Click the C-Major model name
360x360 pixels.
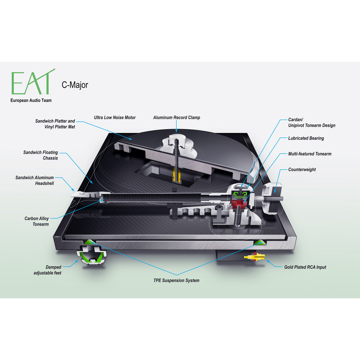(x=75, y=85)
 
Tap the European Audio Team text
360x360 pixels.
(x=31, y=100)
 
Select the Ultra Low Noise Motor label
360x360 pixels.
(x=115, y=118)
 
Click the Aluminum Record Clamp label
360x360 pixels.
(x=177, y=118)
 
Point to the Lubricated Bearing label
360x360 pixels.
(x=306, y=138)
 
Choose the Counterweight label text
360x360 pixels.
(x=302, y=169)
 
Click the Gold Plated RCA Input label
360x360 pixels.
(x=305, y=267)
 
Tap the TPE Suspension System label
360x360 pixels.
(x=176, y=280)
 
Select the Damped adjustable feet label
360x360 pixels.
(x=48, y=270)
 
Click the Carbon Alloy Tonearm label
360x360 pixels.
(x=37, y=221)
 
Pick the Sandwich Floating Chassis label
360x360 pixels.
(x=40, y=155)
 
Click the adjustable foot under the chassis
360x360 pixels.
(x=91, y=255)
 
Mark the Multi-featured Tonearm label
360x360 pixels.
(x=310, y=154)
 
